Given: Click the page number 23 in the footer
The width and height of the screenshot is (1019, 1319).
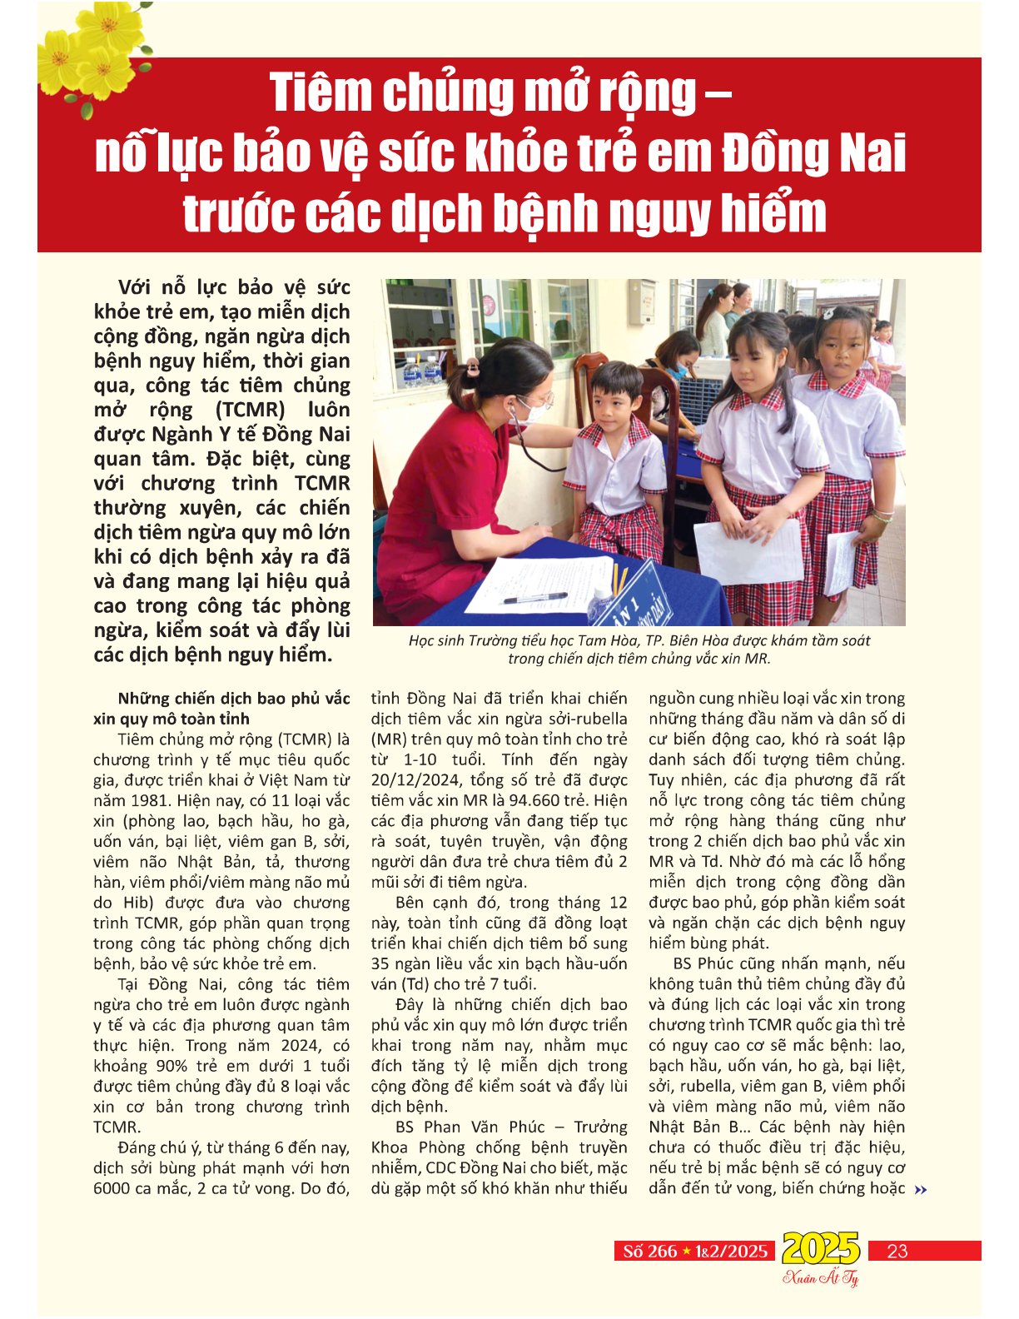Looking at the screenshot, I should point(897,1250).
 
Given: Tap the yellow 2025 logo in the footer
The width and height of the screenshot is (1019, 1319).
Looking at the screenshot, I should point(821,1248).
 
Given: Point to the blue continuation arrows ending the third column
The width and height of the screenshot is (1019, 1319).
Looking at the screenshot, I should point(920,1190).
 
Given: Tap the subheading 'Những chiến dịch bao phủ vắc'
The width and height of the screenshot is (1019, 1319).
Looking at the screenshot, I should point(234,699).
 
